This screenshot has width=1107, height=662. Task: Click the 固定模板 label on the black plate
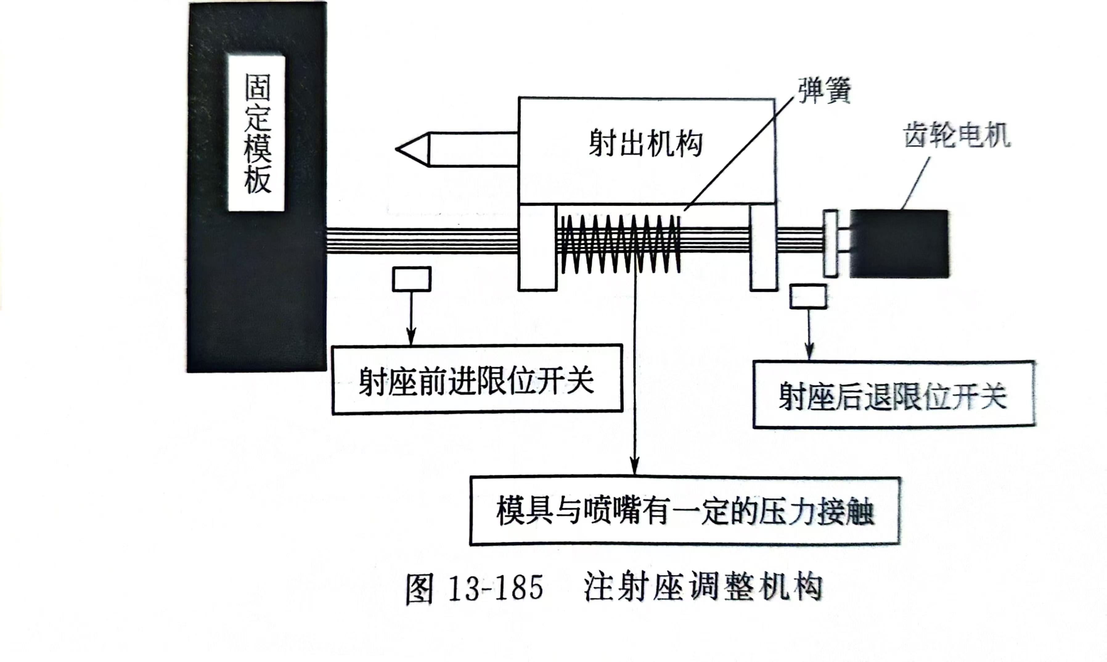pos(257,133)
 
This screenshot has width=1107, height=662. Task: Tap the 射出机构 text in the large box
pos(645,144)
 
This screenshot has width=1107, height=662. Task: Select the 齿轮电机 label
pos(956,135)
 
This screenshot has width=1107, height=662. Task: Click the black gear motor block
pos(899,244)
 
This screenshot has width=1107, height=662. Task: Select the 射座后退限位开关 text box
pos(893,395)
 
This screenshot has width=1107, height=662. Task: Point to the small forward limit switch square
pos(411,279)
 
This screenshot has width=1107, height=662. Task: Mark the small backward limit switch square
pos(808,296)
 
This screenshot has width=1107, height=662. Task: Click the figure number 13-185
pos(496,588)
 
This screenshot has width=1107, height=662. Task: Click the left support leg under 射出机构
pos(537,247)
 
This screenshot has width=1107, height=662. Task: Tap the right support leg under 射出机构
pos(763,247)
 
